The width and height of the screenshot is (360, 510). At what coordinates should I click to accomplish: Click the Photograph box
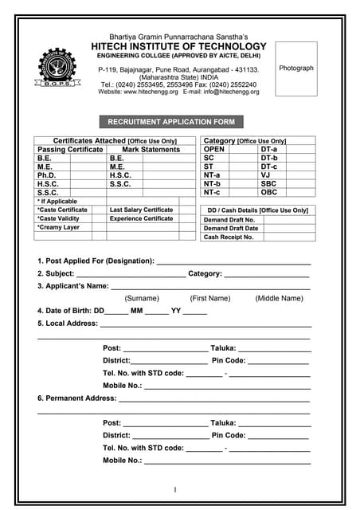(296, 69)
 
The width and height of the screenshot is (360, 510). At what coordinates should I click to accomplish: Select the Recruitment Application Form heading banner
(166, 122)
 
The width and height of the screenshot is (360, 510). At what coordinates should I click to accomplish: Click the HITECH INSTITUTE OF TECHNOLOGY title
(178, 47)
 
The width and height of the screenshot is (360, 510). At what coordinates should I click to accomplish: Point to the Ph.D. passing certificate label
(47, 175)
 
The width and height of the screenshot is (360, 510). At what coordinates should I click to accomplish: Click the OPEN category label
(214, 149)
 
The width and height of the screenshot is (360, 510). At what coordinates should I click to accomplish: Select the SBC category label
(269, 183)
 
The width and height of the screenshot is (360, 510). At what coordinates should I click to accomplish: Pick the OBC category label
(269, 192)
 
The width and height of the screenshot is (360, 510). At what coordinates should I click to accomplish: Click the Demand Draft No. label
(229, 219)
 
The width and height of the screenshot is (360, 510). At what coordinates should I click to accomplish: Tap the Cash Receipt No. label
(229, 237)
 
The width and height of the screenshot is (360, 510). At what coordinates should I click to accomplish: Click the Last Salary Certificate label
(141, 210)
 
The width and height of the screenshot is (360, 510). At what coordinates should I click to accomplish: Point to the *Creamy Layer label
(58, 227)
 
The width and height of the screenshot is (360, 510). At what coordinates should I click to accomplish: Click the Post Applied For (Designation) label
(96, 261)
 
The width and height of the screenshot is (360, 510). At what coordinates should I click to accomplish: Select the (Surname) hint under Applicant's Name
(141, 298)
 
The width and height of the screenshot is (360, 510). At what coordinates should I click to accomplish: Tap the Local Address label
(68, 324)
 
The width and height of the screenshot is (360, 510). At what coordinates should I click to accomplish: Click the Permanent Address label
(76, 398)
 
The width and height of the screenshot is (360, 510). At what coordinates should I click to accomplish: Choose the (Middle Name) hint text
(279, 298)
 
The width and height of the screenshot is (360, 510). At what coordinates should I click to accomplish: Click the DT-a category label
(269, 149)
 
